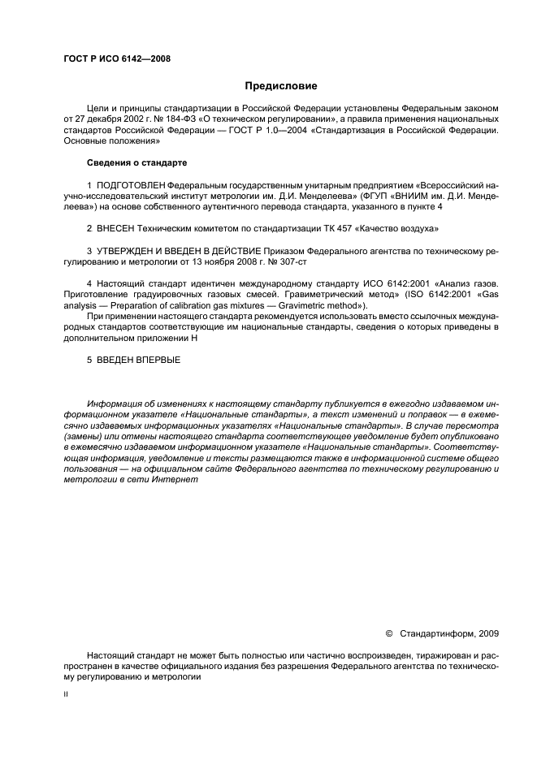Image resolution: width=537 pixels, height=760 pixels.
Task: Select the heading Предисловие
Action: (280, 86)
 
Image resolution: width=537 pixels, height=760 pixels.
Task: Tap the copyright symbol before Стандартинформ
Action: (388, 633)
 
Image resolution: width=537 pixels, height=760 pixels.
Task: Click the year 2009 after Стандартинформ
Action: (488, 633)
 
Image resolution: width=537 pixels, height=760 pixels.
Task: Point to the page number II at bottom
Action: (66, 695)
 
